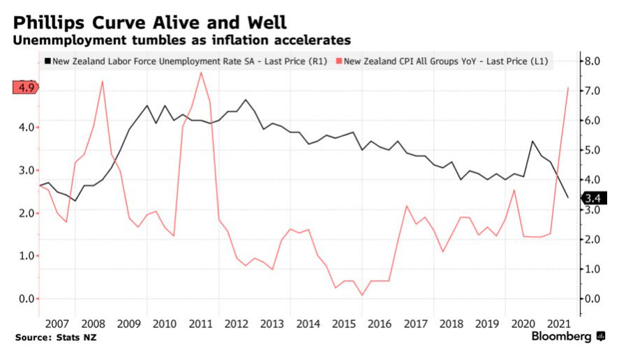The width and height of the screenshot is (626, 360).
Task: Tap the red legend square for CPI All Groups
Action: [x=339, y=61]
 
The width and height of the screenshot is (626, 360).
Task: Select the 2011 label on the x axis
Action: [x=200, y=324]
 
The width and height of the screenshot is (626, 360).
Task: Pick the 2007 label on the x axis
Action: [x=57, y=324]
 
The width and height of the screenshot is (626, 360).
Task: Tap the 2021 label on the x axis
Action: [x=558, y=324]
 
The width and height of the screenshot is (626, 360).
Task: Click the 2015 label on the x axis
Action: [x=343, y=324]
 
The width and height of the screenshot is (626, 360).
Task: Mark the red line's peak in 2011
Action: [x=201, y=73]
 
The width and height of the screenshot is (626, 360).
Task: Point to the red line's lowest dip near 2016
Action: [x=362, y=295]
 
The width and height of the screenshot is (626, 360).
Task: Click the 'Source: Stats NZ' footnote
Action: [x=54, y=338]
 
